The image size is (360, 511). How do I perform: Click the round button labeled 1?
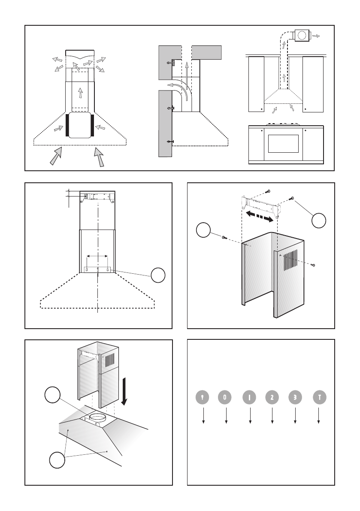(x=249, y=398)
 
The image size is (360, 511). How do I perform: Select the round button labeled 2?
(x=272, y=398)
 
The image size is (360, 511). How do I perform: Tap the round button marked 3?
(x=295, y=398)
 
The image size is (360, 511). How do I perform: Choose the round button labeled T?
(x=320, y=398)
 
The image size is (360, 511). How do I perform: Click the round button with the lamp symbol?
(x=203, y=398)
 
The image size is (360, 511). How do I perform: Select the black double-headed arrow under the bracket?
(x=259, y=216)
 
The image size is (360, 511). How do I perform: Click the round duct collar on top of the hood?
(x=97, y=416)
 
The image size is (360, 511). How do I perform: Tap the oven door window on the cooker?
(x=284, y=144)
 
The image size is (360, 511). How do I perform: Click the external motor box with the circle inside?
(x=302, y=36)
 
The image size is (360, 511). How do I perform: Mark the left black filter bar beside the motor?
(x=67, y=125)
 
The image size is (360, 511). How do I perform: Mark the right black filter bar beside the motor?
(x=93, y=125)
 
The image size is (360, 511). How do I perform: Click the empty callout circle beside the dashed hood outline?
(x=158, y=275)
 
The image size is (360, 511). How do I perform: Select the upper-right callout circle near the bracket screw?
(x=319, y=221)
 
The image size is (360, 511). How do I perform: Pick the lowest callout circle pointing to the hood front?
(x=57, y=460)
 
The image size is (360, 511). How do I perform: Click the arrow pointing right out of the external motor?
(x=316, y=36)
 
